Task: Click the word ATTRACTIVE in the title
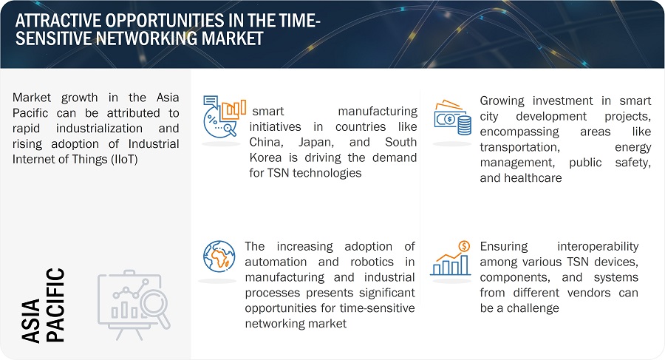[58, 21]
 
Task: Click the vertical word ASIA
[30, 321]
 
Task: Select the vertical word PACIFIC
[55, 305]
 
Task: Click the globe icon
[219, 257]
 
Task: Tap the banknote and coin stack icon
[452, 118]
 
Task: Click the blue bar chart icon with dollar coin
[451, 258]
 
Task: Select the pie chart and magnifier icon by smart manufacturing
[225, 116]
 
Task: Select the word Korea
[265, 157]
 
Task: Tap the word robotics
[372, 262]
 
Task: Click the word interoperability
[598, 247]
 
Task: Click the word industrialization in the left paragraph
[99, 129]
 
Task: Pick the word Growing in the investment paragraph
[502, 101]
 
